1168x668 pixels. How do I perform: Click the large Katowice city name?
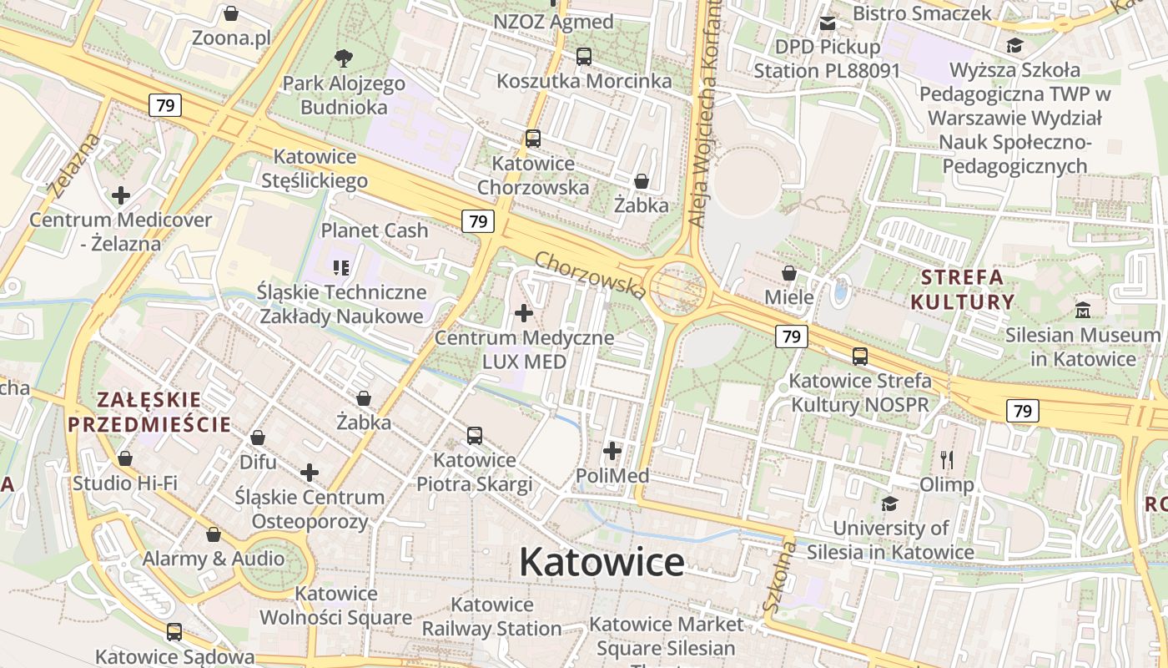pos(602,562)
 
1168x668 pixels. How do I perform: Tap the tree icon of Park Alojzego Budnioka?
pos(343,58)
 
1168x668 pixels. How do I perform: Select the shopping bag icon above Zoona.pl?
pos(231,13)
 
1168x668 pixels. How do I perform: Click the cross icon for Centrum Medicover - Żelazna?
pos(121,195)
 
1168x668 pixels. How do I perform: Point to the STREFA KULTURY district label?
pos(962,289)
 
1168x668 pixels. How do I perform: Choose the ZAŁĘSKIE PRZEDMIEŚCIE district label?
pos(149,412)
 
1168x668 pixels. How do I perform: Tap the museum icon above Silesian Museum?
pos(1083,310)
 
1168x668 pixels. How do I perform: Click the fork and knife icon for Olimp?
pos(946,459)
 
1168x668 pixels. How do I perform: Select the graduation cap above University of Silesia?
pos(890,504)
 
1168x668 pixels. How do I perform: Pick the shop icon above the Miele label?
pos(788,273)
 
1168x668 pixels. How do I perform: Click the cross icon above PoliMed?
pos(612,451)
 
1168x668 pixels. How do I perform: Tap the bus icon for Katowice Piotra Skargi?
pos(474,435)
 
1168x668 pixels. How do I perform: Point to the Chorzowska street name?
pos(590,274)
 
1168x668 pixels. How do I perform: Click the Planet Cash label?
pos(375,230)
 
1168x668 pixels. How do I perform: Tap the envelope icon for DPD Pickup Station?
pos(827,23)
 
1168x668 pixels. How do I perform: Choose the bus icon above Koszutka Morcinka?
pos(584,57)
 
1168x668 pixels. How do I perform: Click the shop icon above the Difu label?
pos(258,438)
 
